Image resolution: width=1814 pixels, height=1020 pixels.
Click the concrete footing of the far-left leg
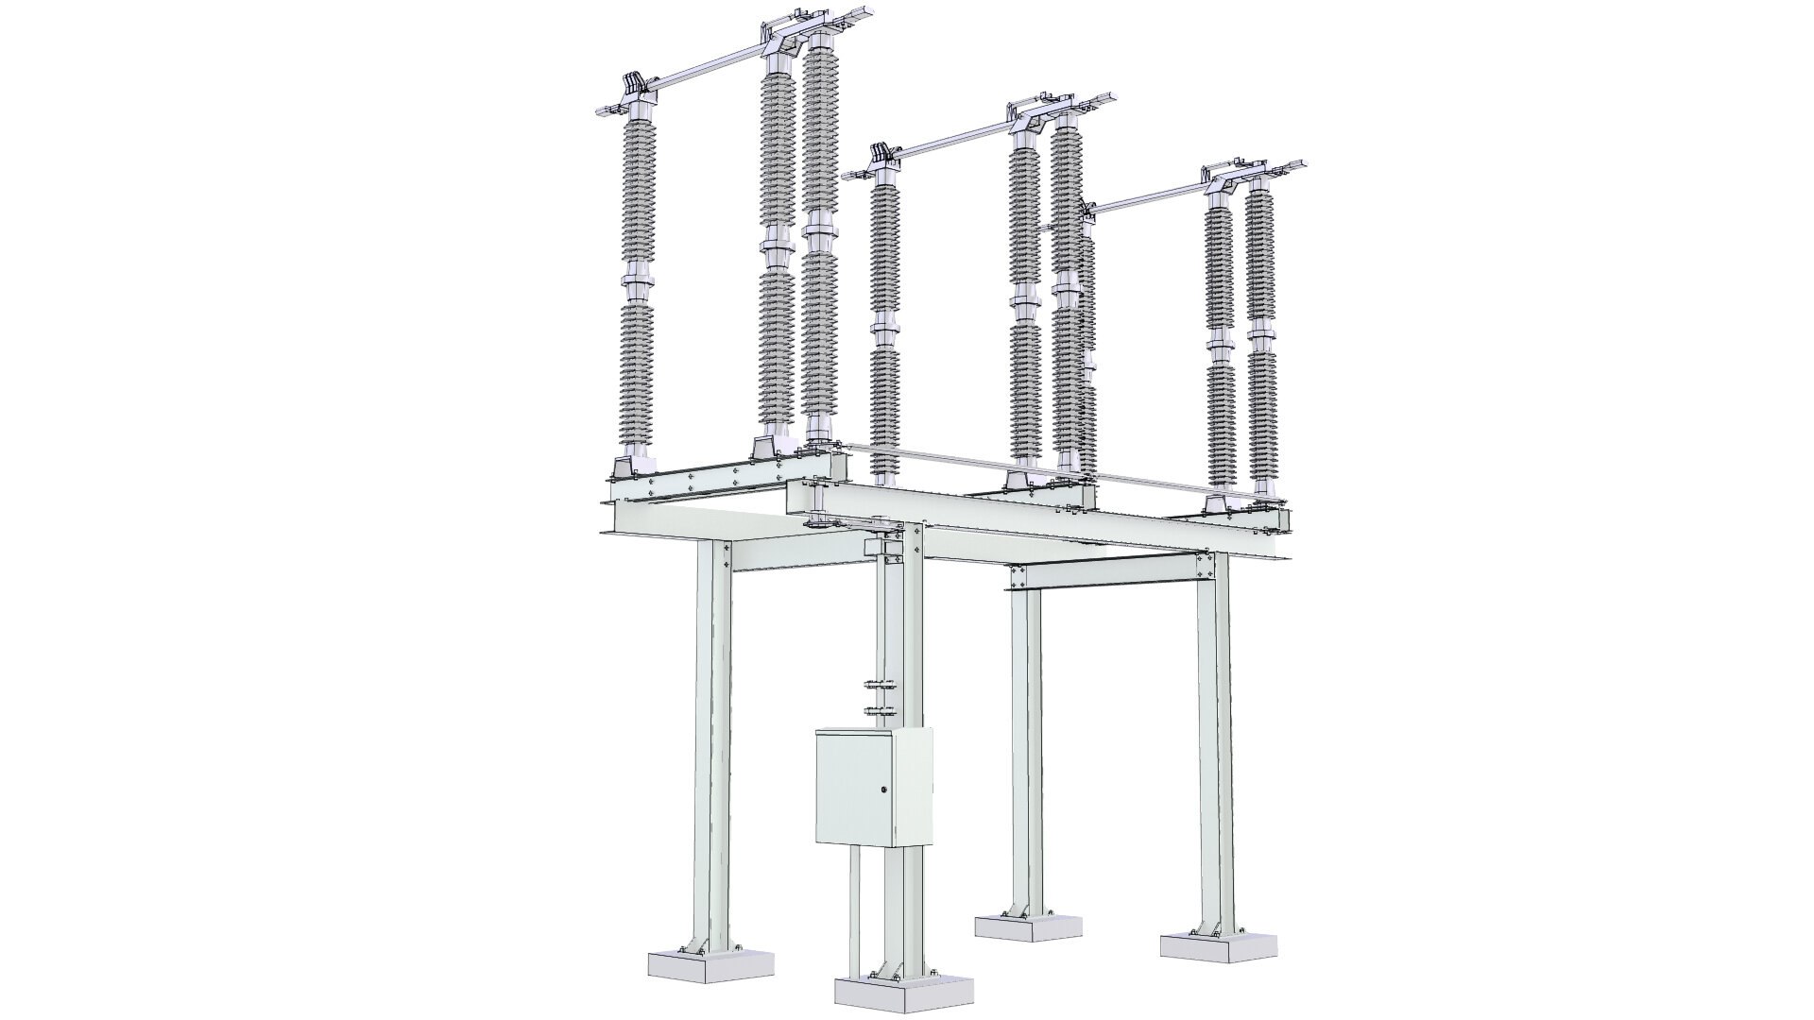710,963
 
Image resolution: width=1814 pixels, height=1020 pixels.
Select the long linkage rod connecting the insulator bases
1020,467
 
